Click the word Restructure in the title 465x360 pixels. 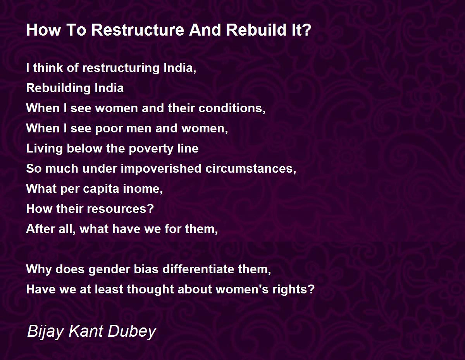pos(138,30)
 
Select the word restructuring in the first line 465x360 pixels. pos(121,68)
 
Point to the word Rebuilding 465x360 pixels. pos(59,88)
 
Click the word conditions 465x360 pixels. pos(232,108)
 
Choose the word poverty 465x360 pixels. pos(151,149)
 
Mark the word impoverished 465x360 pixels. pos(161,169)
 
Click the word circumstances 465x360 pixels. pos(251,169)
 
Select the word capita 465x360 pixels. pos(101,189)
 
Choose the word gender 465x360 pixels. pos(109,269)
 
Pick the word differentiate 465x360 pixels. pos(198,269)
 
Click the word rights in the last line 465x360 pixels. pos(293,290)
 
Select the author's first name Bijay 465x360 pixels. pos(45,332)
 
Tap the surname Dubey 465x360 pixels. pos(132,332)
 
